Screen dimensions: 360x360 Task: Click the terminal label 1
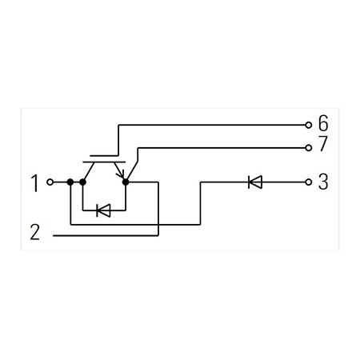click(35, 183)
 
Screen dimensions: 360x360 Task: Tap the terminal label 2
click(35, 232)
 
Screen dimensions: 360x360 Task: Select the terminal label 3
click(323, 182)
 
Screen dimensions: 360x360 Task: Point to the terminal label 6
click(323, 123)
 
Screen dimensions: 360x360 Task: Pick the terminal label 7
click(322, 144)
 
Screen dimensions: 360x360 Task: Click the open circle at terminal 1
click(50, 182)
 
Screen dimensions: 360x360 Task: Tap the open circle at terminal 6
click(309, 125)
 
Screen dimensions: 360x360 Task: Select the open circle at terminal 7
click(309, 148)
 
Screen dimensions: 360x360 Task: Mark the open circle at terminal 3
click(309, 182)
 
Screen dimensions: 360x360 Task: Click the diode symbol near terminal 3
click(255, 182)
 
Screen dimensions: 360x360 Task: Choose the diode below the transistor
click(103, 210)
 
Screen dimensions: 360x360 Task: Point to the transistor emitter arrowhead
click(121, 175)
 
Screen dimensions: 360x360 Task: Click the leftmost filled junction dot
click(70, 182)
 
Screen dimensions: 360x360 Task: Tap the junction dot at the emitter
click(126, 182)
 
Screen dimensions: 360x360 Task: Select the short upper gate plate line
click(104, 155)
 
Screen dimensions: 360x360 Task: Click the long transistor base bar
click(104, 162)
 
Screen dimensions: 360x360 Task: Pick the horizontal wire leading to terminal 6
click(212, 125)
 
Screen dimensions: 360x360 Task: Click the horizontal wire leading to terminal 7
click(222, 148)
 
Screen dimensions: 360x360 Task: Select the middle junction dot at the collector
click(83, 182)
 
